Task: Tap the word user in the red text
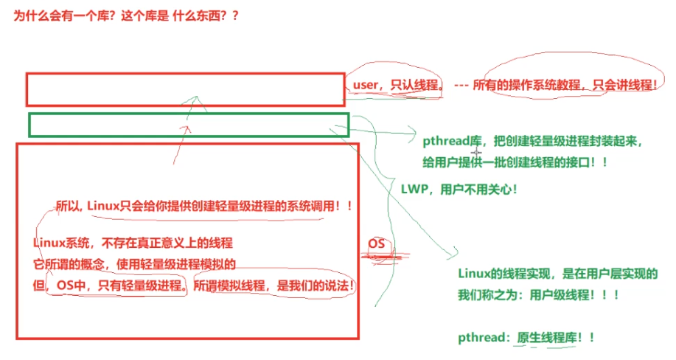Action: pyautogui.click(x=366, y=85)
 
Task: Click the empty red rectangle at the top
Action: pyautogui.click(x=185, y=89)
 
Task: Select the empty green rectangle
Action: pyautogui.click(x=188, y=124)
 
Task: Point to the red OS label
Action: pyautogui.click(x=377, y=244)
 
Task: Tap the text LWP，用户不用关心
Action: pyautogui.click(x=459, y=189)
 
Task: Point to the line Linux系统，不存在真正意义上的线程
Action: pyautogui.click(x=133, y=243)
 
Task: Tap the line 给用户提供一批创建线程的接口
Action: pyautogui.click(x=515, y=162)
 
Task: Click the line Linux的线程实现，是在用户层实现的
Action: pyautogui.click(x=557, y=274)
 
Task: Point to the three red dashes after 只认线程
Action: pyautogui.click(x=461, y=85)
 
